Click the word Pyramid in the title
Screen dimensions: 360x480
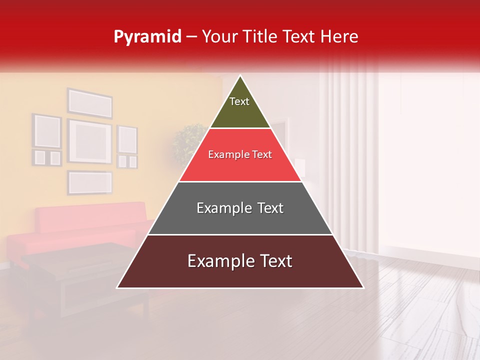(147, 37)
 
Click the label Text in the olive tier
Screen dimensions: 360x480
(239, 101)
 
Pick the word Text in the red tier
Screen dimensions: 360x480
(262, 155)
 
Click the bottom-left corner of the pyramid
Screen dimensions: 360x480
(117, 287)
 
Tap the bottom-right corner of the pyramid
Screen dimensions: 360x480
(363, 287)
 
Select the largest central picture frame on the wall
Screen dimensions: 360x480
(89, 141)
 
